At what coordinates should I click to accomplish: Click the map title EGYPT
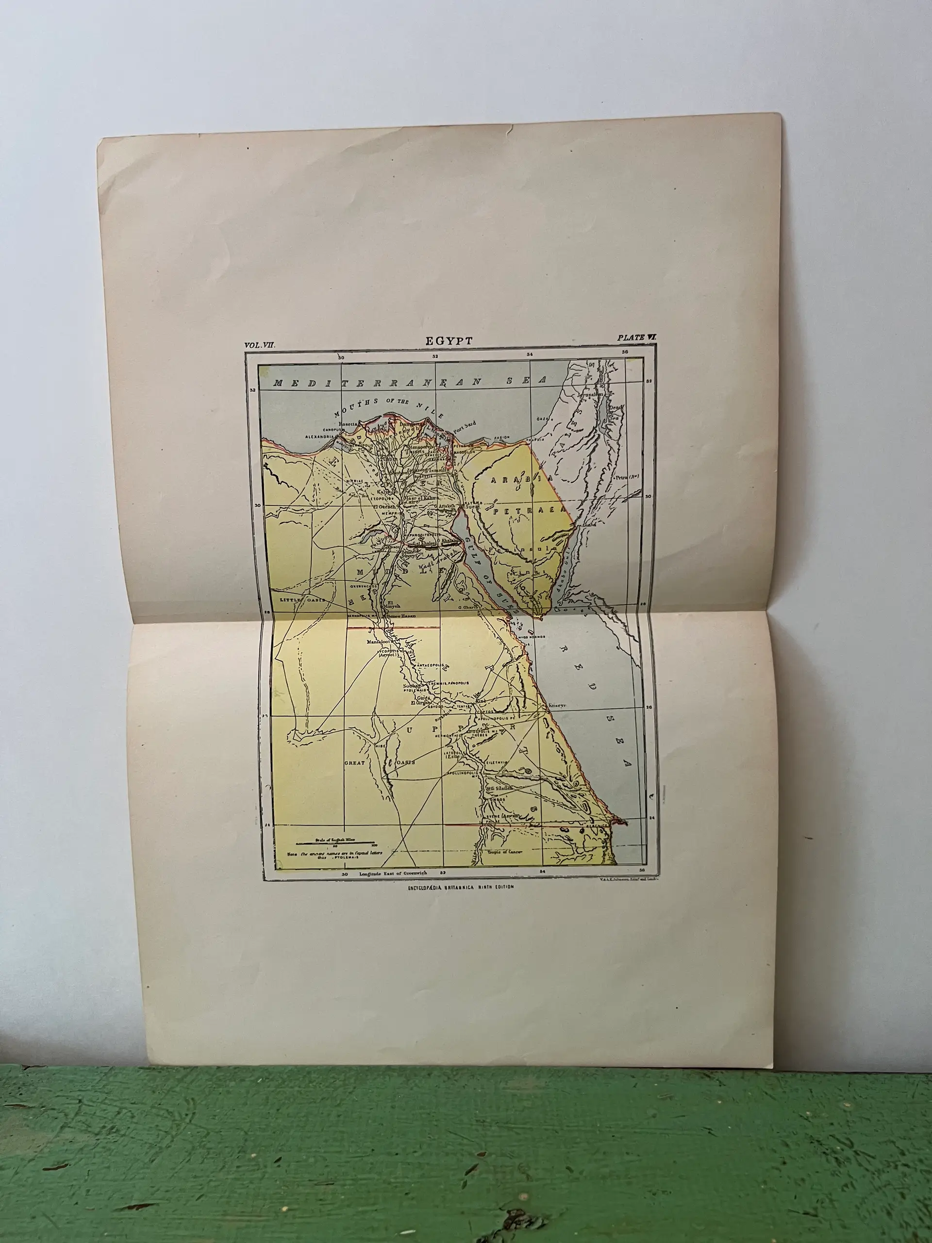coord(449,340)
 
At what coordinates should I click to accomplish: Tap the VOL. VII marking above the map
coord(260,346)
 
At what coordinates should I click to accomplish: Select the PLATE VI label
coord(636,338)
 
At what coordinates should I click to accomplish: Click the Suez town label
coord(471,507)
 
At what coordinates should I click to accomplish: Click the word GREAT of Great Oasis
coord(355,762)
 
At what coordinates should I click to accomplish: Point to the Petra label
coord(626,478)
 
